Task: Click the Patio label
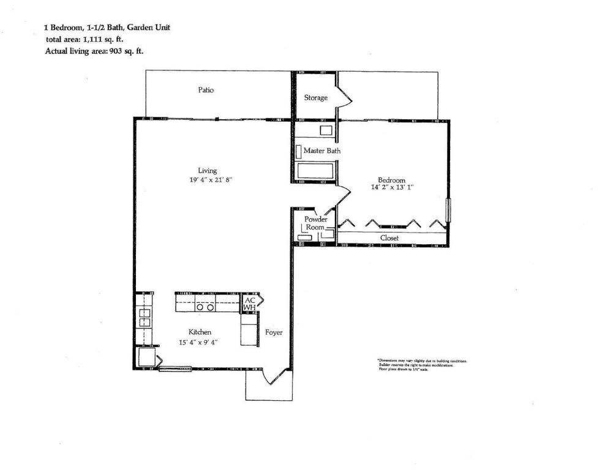click(206, 90)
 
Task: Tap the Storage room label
click(315, 98)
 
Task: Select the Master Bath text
click(322, 151)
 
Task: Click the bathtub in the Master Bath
click(315, 171)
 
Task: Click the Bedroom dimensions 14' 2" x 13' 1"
click(391, 188)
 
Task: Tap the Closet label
click(390, 237)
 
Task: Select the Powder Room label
click(316, 223)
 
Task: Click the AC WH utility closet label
click(249, 304)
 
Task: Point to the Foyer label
click(274, 333)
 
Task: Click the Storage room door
click(343, 98)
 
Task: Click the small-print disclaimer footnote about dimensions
click(422, 365)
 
